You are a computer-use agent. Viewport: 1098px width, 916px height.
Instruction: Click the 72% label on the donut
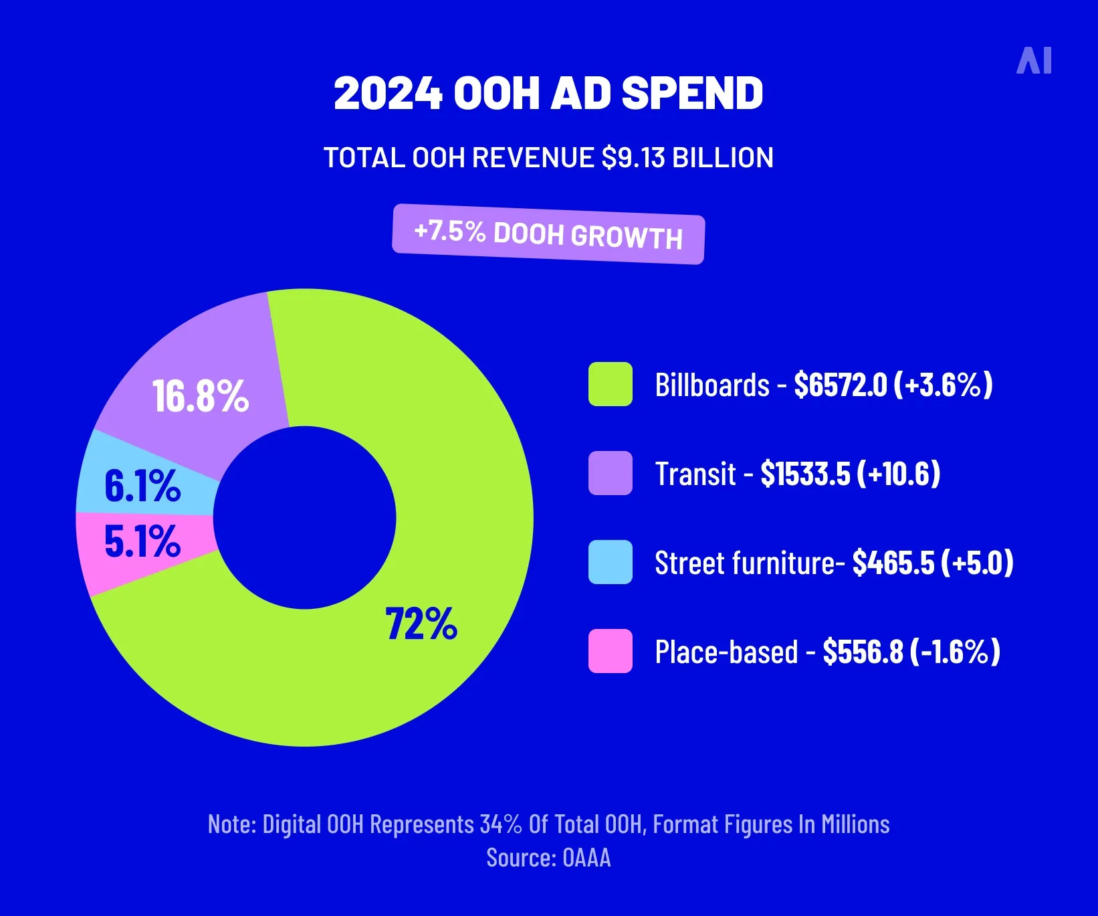(x=421, y=624)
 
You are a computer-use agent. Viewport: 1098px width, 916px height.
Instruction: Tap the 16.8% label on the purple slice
(x=201, y=395)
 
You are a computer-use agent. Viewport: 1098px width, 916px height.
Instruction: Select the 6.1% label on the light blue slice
(x=142, y=486)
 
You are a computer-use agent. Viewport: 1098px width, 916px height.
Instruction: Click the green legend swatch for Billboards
(x=610, y=384)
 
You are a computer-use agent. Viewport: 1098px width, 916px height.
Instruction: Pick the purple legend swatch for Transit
(x=610, y=473)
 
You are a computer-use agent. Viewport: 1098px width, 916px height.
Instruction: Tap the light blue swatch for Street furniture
(x=610, y=562)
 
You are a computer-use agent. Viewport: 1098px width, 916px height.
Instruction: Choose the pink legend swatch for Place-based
(x=610, y=651)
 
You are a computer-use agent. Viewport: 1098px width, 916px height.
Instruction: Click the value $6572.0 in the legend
(x=840, y=385)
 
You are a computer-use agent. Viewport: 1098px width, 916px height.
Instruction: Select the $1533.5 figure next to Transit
(x=805, y=474)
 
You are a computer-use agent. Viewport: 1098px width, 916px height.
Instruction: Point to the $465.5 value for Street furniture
(x=893, y=563)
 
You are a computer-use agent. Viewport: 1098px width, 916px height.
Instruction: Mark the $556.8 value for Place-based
(x=863, y=652)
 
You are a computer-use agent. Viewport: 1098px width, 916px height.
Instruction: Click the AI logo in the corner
(x=1034, y=60)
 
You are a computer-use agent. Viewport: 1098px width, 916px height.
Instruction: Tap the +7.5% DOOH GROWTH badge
(x=548, y=234)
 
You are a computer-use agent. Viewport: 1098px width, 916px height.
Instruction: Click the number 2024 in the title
(x=388, y=93)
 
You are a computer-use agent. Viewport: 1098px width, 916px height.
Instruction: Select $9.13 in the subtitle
(x=633, y=158)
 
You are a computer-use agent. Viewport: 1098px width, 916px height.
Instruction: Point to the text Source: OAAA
(x=548, y=858)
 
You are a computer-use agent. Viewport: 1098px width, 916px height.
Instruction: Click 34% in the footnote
(x=501, y=824)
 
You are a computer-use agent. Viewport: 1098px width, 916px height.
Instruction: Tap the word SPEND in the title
(x=693, y=93)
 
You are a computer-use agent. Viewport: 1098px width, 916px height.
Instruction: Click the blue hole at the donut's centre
(x=305, y=517)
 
